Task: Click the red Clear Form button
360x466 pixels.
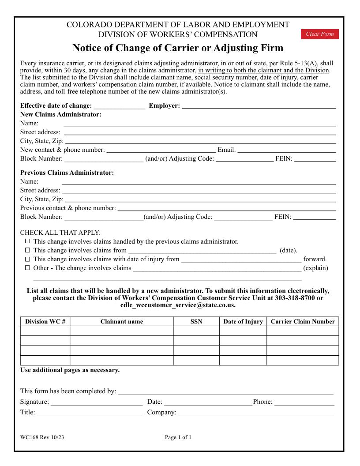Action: click(320, 34)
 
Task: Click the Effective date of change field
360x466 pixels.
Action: click(119, 105)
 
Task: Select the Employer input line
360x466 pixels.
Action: click(259, 105)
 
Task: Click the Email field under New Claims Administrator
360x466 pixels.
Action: click(286, 150)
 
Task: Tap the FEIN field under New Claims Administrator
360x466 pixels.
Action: click(315, 158)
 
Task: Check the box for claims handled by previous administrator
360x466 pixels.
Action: click(27, 241)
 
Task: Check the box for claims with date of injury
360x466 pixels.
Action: click(27, 259)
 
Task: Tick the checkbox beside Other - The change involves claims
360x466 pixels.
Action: click(27, 268)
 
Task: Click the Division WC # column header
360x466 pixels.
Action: click(45, 322)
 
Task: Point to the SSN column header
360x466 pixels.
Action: click(196, 322)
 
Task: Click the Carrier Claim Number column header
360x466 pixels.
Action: click(303, 322)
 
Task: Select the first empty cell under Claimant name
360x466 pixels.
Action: click(121, 331)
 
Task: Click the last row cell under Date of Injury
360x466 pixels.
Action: click(243, 360)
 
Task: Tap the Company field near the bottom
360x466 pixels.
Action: click(256, 413)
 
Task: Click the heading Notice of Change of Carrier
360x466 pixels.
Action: click(178, 48)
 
